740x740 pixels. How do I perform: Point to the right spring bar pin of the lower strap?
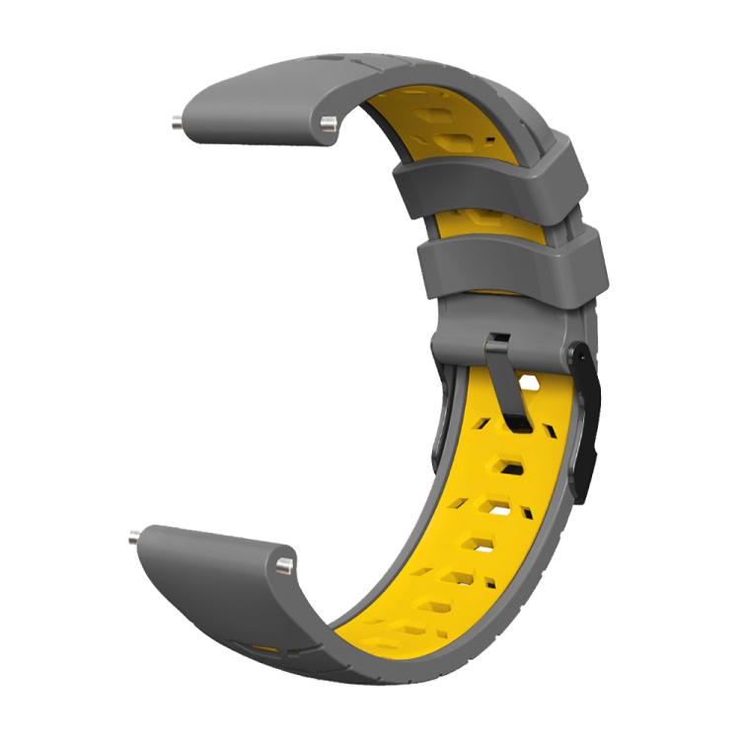pos(284,564)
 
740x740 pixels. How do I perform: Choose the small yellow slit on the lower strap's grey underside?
pos(264,648)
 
